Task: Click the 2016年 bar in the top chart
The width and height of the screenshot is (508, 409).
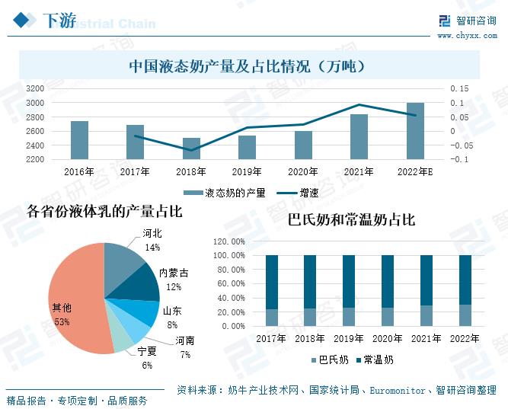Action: point(79,140)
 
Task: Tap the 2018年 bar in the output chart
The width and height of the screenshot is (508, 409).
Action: point(191,149)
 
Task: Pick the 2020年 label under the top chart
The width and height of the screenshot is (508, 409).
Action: point(303,172)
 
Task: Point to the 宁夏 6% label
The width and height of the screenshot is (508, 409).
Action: point(146,358)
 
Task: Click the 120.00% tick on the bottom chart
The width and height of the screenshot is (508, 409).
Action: point(228,241)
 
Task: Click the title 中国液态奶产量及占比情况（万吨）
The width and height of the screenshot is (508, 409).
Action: point(249,66)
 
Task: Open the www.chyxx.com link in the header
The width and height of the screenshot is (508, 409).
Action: point(467,35)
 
